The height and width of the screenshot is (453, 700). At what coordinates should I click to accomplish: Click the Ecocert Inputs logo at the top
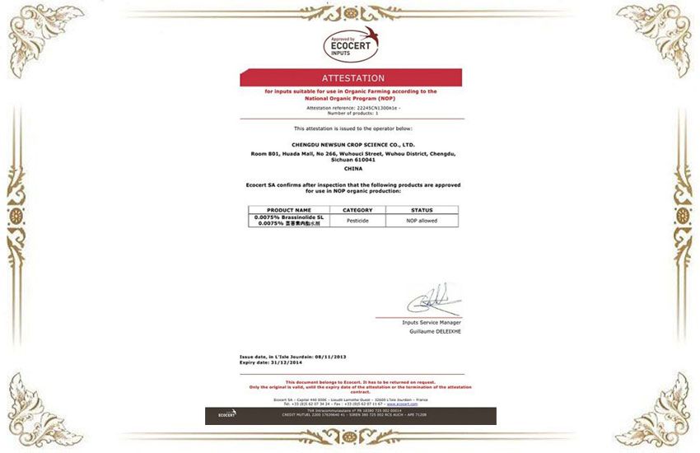point(351,44)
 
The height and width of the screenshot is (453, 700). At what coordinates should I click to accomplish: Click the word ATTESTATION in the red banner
point(352,78)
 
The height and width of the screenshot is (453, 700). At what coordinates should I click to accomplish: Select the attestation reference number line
point(352,107)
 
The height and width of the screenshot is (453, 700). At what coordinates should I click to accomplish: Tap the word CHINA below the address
point(352,168)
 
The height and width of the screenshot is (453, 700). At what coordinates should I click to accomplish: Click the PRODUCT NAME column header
point(289,210)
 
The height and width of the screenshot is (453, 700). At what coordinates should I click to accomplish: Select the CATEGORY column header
point(357,210)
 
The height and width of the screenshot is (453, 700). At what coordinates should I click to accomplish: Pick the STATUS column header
point(422,210)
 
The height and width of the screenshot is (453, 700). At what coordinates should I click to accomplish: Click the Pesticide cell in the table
point(357,220)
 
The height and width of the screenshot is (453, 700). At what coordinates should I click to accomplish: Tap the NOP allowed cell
point(422,220)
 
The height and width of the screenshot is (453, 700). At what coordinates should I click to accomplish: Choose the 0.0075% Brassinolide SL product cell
point(289,217)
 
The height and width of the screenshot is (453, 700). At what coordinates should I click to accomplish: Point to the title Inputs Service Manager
point(432,322)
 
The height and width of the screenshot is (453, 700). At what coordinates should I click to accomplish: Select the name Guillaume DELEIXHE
point(434,331)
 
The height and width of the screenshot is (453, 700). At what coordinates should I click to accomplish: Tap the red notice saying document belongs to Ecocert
point(352,382)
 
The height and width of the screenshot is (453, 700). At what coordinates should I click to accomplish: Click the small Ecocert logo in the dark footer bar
point(226,414)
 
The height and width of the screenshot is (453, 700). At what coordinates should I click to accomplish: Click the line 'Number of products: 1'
point(352,112)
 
